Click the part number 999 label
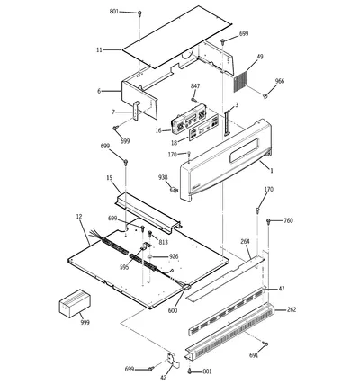[x=85, y=323]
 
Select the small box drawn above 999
[x=75, y=303]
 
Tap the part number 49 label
[x=260, y=57]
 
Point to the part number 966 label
[x=280, y=81]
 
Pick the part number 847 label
[x=195, y=86]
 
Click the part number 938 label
[x=163, y=178]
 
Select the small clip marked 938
[x=174, y=190]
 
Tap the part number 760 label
[x=288, y=221]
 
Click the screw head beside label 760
[x=268, y=222]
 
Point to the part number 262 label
[x=292, y=309]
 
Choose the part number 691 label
[x=254, y=355]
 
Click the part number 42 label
[x=164, y=378]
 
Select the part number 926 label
[x=174, y=256]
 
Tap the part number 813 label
[x=163, y=242]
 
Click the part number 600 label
[x=173, y=311]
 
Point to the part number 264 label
[x=245, y=241]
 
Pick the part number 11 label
[x=99, y=50]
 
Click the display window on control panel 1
[x=244, y=151]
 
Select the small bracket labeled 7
[x=136, y=111]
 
